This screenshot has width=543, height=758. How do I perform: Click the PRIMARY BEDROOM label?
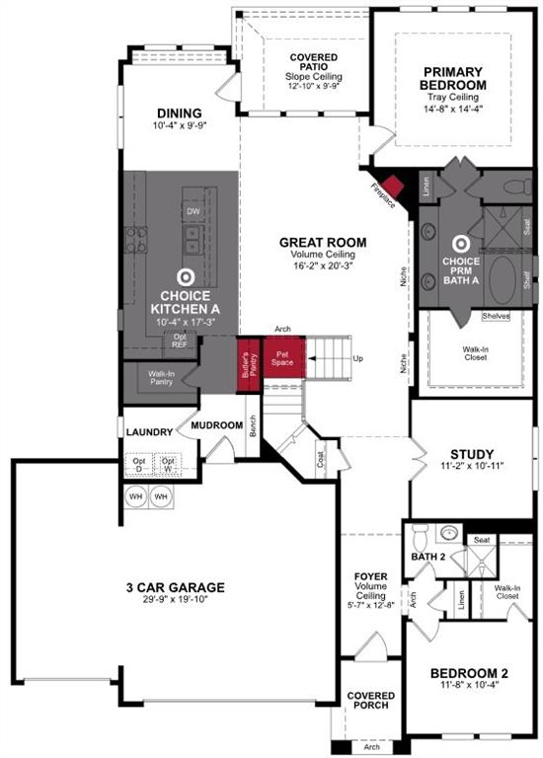click(x=454, y=78)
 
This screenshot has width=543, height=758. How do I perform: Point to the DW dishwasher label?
click(x=194, y=211)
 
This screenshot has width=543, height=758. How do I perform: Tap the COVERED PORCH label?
click(x=370, y=702)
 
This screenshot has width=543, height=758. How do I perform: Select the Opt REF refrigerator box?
click(x=180, y=341)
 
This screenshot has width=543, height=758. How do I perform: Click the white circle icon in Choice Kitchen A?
click(x=184, y=276)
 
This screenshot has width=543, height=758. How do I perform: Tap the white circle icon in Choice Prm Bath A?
click(x=460, y=241)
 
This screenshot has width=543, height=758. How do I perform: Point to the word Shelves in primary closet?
click(x=496, y=317)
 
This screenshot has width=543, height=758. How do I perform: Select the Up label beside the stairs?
click(x=357, y=357)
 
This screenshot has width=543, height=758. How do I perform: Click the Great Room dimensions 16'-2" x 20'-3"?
click(x=323, y=265)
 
